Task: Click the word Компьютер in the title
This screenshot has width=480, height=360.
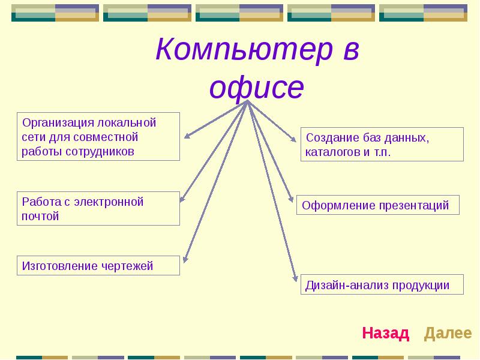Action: (244, 50)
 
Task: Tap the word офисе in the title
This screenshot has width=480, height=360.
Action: (257, 88)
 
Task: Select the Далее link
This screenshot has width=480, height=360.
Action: (448, 333)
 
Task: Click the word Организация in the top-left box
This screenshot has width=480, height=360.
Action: (58, 123)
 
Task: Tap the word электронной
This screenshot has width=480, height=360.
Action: (109, 202)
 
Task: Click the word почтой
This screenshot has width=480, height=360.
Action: (40, 217)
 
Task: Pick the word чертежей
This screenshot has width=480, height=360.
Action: (127, 266)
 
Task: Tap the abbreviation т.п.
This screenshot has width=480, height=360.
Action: (382, 152)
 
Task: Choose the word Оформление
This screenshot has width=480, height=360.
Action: (338, 206)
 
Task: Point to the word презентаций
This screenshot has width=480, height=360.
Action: (414, 206)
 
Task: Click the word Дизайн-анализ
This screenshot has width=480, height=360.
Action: (347, 286)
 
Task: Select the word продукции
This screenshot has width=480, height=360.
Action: (421, 286)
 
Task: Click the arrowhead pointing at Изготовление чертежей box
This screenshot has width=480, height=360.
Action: (185, 259)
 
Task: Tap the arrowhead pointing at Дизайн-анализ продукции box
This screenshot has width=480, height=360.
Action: (295, 277)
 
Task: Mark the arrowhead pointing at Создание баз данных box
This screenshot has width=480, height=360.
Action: (293, 139)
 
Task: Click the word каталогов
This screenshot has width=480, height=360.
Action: (332, 152)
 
